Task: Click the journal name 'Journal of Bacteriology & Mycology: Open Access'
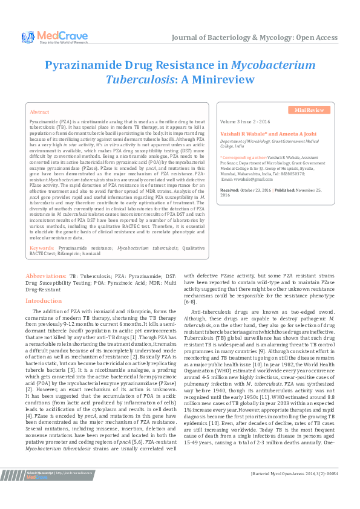coord(255,37)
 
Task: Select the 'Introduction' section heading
coord(44,300)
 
